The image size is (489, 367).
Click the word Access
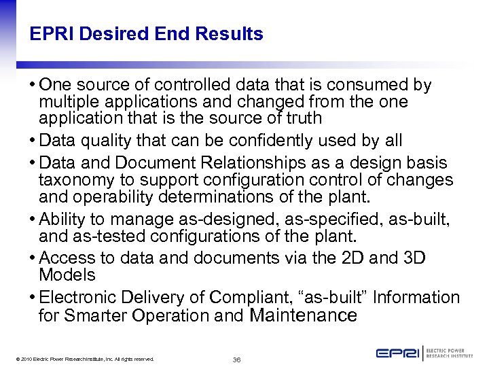click(67, 258)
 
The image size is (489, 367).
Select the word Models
click(67, 275)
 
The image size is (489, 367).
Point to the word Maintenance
click(304, 315)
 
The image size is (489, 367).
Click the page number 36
click(236, 360)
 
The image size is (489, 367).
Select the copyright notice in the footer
click(83, 359)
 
